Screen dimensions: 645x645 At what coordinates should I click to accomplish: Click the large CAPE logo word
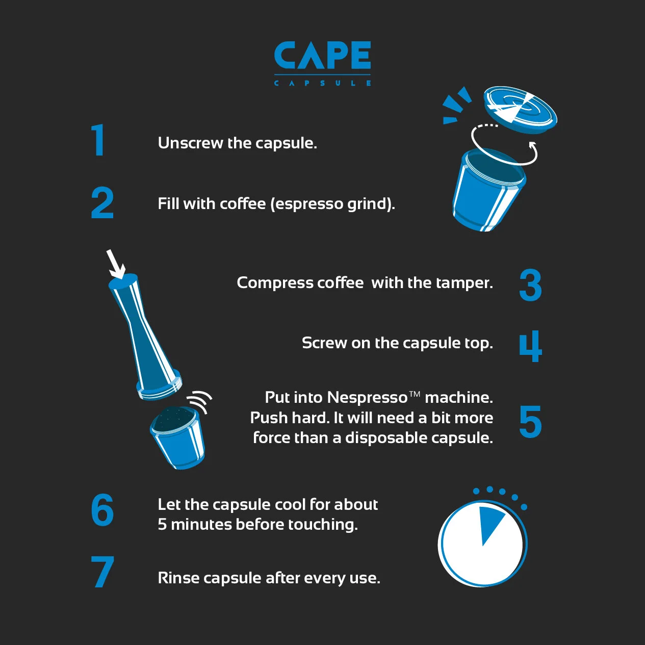click(x=322, y=55)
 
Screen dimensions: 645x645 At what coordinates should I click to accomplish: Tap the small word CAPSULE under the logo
click(x=322, y=83)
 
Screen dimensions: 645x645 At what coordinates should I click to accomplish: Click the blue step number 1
click(x=98, y=140)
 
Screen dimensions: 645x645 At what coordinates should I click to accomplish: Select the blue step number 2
click(x=102, y=203)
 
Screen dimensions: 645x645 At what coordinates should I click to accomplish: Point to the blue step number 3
click(x=530, y=285)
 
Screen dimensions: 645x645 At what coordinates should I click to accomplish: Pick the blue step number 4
click(x=530, y=346)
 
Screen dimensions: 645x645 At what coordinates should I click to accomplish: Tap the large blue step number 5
click(x=530, y=421)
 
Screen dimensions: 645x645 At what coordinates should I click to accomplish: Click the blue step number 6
click(x=102, y=510)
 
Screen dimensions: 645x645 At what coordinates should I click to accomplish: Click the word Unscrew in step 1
click(x=191, y=143)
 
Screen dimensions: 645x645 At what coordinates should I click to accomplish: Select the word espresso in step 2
click(x=306, y=204)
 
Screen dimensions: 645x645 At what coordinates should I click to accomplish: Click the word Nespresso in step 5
click(x=367, y=398)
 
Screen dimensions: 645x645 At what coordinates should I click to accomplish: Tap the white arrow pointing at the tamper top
click(x=115, y=264)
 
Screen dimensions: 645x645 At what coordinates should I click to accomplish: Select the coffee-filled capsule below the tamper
click(x=177, y=437)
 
